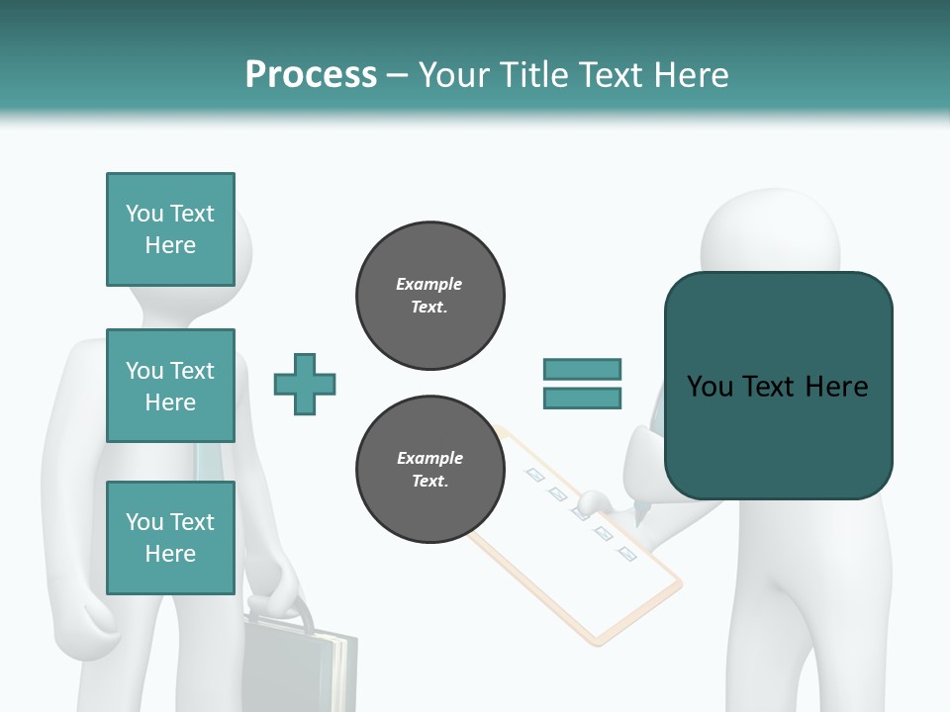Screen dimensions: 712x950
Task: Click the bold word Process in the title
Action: pos(311,75)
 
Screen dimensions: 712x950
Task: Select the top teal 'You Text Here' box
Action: pos(170,229)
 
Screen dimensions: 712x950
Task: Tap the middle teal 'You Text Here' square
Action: pos(170,386)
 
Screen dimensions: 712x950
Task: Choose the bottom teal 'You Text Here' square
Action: pos(170,537)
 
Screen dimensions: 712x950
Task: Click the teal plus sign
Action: pos(305,384)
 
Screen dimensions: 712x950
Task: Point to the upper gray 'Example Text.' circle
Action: pos(430,296)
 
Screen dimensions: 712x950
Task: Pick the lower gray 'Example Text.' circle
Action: pos(430,470)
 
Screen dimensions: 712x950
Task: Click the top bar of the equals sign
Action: pos(582,369)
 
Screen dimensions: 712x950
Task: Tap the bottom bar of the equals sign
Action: pos(582,398)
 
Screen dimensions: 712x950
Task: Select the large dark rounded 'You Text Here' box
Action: pos(778,386)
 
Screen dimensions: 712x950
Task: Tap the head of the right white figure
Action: pos(770,232)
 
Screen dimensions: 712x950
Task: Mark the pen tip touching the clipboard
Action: pos(635,519)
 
